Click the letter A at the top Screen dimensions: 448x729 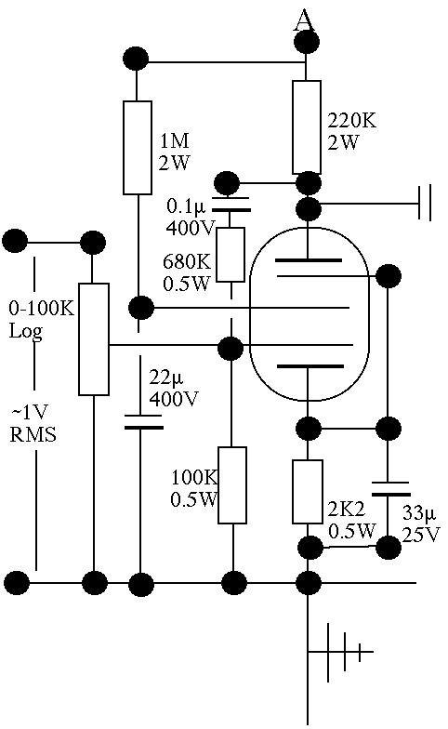tap(303, 20)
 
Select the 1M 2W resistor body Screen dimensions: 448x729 tap(138, 147)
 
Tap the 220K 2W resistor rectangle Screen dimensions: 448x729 tap(307, 127)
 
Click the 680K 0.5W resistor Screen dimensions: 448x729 tap(231, 255)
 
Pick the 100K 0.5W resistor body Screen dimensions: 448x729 tap(232, 485)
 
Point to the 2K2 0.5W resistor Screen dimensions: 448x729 tap(308, 491)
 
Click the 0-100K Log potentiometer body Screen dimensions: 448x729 tap(93, 339)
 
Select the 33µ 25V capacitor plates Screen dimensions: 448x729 tap(390, 489)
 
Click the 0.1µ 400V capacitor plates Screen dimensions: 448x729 tap(231, 205)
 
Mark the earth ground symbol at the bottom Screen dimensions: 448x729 tap(340, 653)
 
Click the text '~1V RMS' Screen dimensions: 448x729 tap(33, 423)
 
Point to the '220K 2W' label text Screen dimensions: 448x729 tap(351, 131)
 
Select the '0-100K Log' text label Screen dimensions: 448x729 tap(41, 320)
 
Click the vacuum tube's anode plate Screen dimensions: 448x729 tap(309, 260)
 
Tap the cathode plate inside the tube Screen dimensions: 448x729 tap(310, 366)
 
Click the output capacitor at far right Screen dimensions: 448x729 tap(425, 203)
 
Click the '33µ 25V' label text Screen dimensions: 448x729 tap(420, 524)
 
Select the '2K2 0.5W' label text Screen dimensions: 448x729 tap(351, 521)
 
